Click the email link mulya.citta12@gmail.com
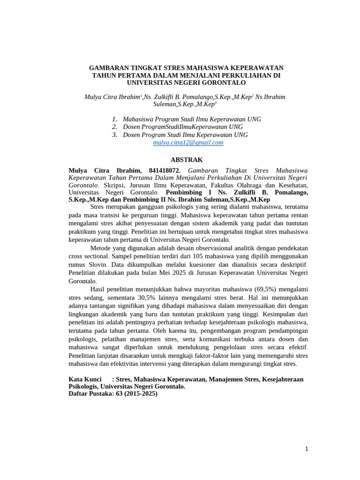pyautogui.click(x=188, y=142)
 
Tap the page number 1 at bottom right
pyautogui.click(x=307, y=449)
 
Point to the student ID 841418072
pyautogui.click(x=165, y=171)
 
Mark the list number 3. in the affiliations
pyautogui.click(x=114, y=135)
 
